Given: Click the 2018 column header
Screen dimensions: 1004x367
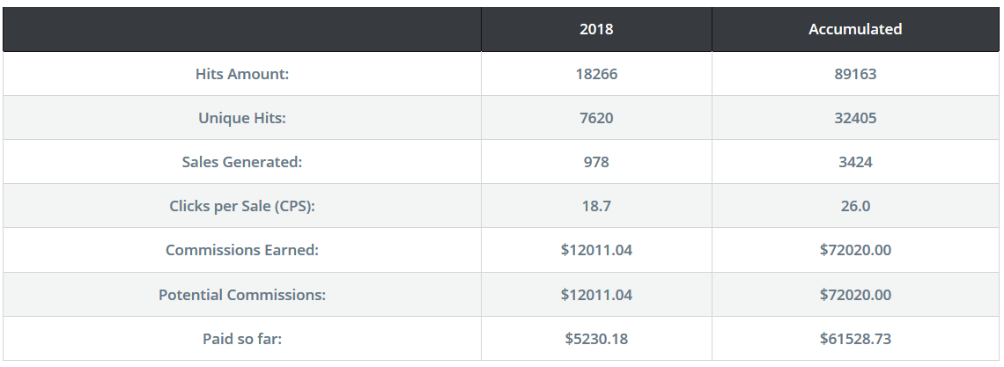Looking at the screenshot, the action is pyautogui.click(x=596, y=29).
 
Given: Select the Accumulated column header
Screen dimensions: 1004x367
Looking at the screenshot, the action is pyautogui.click(x=855, y=29).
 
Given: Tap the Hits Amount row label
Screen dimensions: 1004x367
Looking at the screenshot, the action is pyautogui.click(x=242, y=74).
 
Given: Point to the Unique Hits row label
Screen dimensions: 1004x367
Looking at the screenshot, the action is pyautogui.click(x=242, y=118).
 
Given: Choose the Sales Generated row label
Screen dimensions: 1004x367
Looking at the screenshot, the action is pyautogui.click(x=242, y=163).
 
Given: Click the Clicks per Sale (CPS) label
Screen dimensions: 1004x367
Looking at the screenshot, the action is pyautogui.click(x=242, y=207).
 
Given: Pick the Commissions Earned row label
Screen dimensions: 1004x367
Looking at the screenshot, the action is pyautogui.click(x=242, y=250).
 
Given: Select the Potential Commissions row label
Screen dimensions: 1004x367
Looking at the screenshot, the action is pyautogui.click(x=242, y=295).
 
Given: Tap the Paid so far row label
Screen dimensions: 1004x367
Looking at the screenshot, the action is pyautogui.click(x=242, y=339).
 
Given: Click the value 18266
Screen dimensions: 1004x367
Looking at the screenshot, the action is pyautogui.click(x=596, y=74).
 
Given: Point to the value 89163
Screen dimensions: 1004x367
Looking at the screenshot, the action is pyautogui.click(x=855, y=74).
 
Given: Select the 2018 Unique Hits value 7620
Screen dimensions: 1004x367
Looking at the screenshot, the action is pyautogui.click(x=596, y=118).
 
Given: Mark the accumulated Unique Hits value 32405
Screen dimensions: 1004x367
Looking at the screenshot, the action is pyautogui.click(x=855, y=118).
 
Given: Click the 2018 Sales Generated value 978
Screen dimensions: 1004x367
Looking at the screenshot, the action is pyautogui.click(x=596, y=163).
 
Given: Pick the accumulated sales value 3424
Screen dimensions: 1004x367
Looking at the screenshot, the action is pyautogui.click(x=855, y=163).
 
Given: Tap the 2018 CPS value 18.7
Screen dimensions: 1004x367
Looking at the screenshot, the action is pyautogui.click(x=596, y=207).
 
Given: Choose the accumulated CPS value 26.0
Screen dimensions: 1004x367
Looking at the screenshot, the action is pyautogui.click(x=855, y=207).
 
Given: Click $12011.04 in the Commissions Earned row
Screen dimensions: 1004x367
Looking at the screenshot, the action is pyautogui.click(x=596, y=250).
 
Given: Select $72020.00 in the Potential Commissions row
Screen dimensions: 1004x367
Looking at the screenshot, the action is pyautogui.click(x=855, y=295).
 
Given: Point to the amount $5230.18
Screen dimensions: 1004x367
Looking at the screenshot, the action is pyautogui.click(x=596, y=339).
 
